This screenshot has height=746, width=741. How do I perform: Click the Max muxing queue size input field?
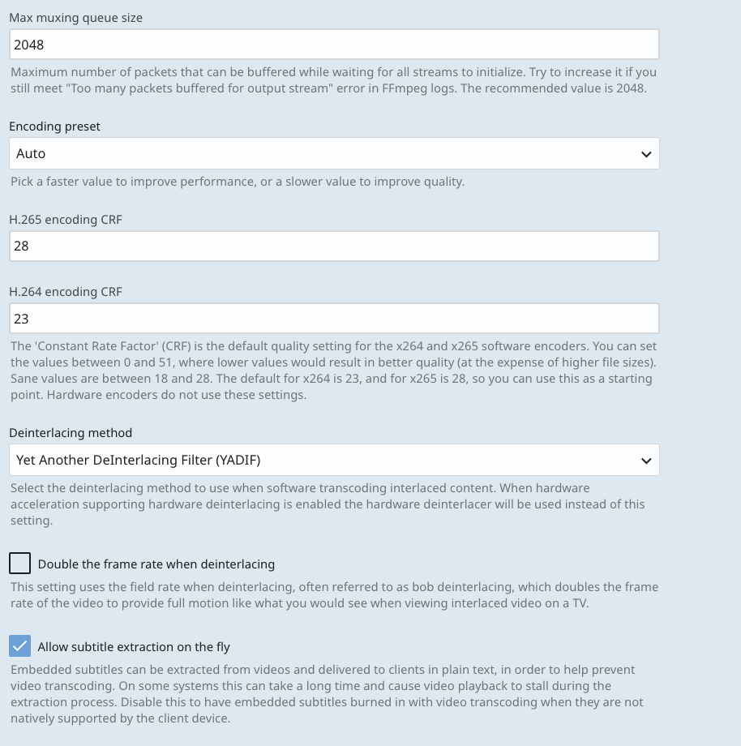334,45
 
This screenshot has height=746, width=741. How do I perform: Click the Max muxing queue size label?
75,18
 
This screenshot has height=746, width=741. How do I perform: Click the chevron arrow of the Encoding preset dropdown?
646,154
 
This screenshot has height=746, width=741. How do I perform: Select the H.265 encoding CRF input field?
334,246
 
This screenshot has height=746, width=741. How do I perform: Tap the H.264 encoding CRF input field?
334,319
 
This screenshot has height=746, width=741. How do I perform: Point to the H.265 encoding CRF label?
66,219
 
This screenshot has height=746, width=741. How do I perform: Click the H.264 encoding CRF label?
66,292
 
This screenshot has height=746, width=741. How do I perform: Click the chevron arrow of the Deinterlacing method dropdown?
646,461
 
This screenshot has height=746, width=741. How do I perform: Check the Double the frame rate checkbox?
19,564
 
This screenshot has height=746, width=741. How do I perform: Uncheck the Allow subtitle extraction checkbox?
19,646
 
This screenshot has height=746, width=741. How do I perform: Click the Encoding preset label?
54,126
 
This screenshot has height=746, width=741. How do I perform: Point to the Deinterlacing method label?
71,433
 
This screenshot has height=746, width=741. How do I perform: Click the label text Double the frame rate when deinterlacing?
156,564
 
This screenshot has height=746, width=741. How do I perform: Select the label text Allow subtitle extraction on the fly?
134,647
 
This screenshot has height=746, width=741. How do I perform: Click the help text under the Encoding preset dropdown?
238,182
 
